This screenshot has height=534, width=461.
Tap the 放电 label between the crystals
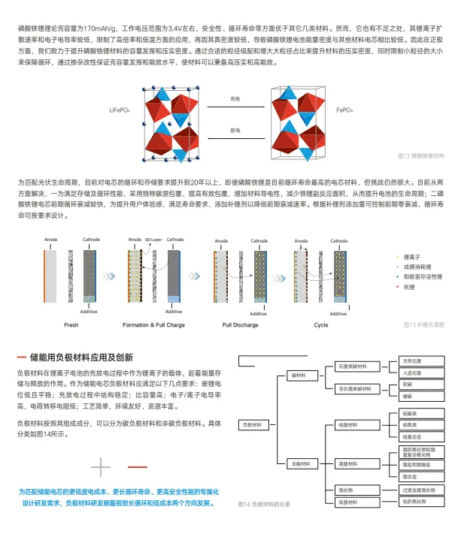tap(235, 129)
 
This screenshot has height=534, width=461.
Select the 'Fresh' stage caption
tap(71, 324)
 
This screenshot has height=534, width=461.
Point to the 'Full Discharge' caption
tap(241, 324)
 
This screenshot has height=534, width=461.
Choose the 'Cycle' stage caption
tap(321, 324)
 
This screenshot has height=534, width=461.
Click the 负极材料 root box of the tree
tap(253, 424)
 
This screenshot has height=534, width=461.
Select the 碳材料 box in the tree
tap(296, 375)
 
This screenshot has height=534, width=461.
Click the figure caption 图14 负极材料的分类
tap(263, 504)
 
